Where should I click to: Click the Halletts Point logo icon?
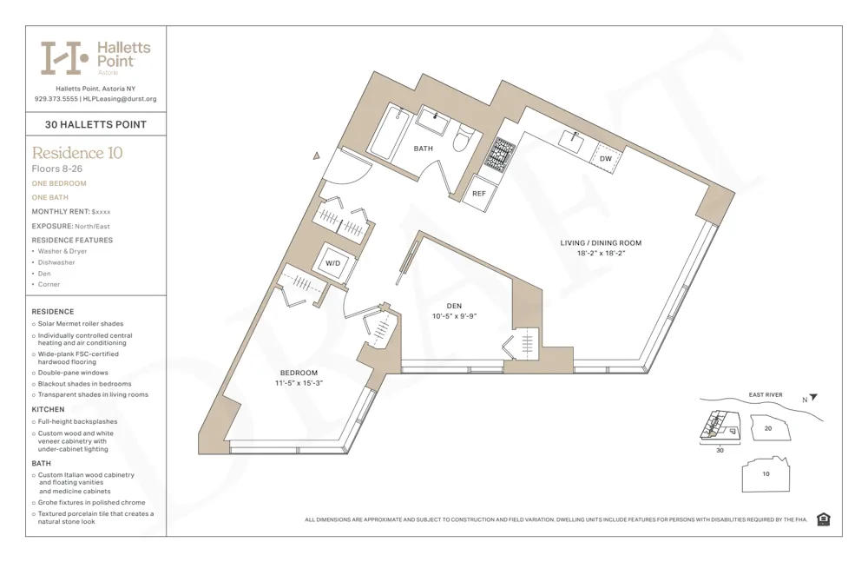[x=65, y=57]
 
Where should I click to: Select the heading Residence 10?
[x=77, y=153]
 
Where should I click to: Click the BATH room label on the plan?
[x=423, y=149]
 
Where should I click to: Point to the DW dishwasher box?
[x=605, y=159]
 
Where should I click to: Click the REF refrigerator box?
[x=479, y=194]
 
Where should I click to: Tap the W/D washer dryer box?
[x=333, y=262]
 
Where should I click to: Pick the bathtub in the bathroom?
[x=390, y=132]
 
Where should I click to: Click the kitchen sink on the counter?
[x=572, y=139]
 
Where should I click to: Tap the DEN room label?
[x=454, y=306]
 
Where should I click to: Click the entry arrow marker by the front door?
[x=318, y=155]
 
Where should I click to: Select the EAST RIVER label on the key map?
[x=765, y=395]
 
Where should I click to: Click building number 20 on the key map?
[x=767, y=428]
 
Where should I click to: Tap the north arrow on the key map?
[x=813, y=398]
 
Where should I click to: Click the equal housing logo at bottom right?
[x=823, y=519]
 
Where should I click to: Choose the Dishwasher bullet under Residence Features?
[x=56, y=262]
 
